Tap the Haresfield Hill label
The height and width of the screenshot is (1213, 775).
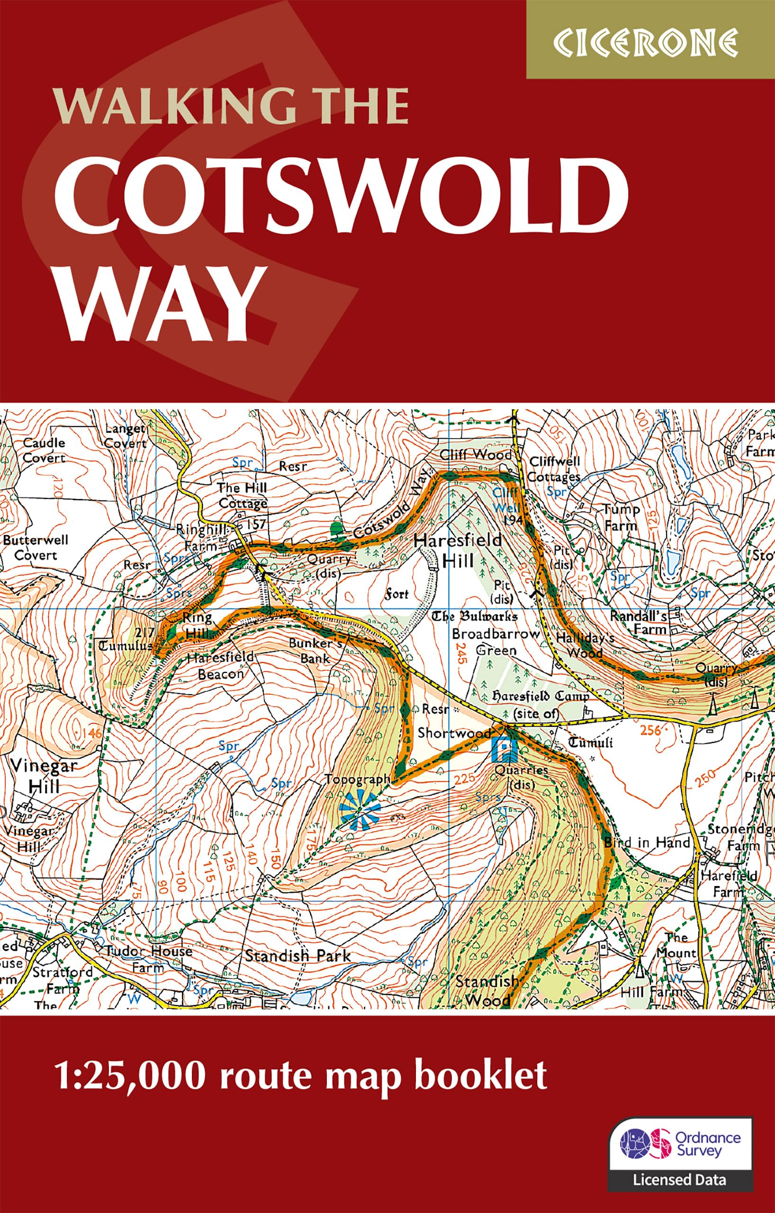458,550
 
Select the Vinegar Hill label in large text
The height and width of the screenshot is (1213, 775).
43,776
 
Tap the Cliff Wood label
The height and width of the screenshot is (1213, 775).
475,455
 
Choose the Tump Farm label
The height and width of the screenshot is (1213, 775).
622,517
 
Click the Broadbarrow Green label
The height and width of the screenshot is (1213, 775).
496,641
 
